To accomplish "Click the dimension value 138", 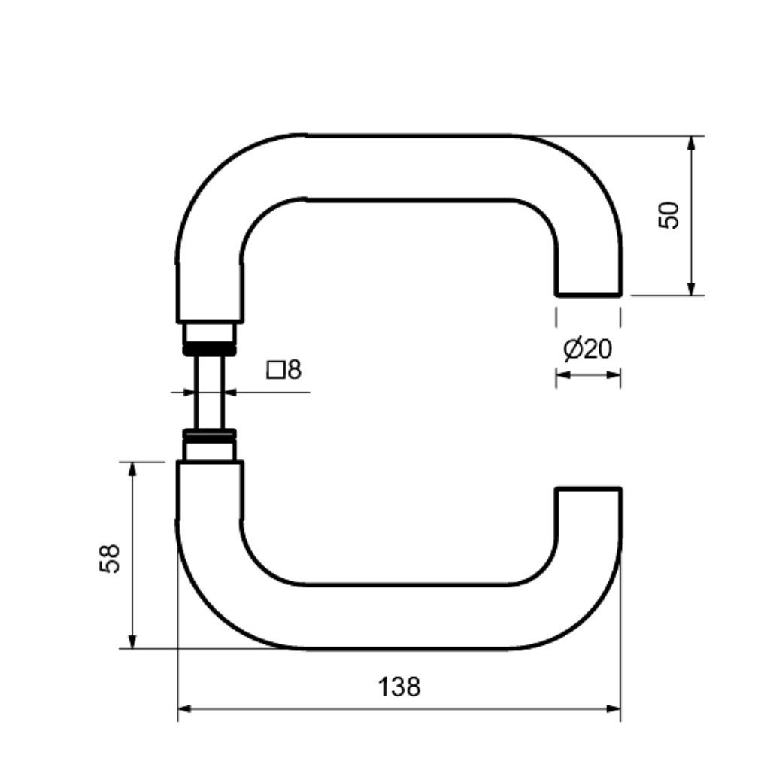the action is (399, 687).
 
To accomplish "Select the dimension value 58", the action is (110, 559).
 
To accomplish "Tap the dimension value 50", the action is (668, 215).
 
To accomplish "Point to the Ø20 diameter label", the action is (588, 349).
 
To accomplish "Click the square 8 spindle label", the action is (283, 370).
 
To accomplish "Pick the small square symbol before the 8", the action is (275, 370).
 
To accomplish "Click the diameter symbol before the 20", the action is (573, 349).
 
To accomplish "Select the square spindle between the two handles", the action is (209, 393).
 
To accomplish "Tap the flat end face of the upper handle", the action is (589, 295).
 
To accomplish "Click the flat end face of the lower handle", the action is (589, 489).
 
